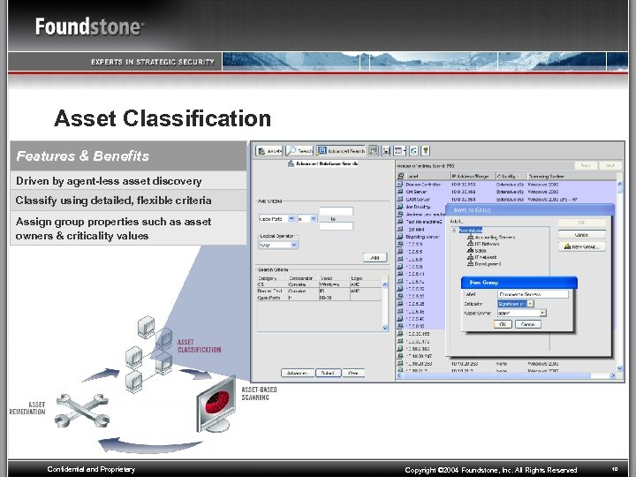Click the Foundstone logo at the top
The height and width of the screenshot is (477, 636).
pyautogui.click(x=89, y=26)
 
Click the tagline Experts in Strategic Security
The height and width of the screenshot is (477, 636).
pyautogui.click(x=152, y=62)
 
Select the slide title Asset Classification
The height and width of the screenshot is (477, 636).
pyautogui.click(x=163, y=118)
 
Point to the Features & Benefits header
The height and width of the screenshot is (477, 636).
pyautogui.click(x=83, y=156)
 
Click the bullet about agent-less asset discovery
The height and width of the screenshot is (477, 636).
pyautogui.click(x=109, y=181)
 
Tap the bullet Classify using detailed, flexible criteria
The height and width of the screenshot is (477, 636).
pyautogui.click(x=113, y=201)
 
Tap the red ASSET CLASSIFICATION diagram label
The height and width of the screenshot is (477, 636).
pyautogui.click(x=200, y=345)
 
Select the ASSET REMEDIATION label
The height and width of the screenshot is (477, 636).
pyautogui.click(x=27, y=408)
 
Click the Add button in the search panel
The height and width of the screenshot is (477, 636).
pyautogui.click(x=374, y=257)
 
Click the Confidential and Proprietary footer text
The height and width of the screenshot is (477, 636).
pyautogui.click(x=91, y=470)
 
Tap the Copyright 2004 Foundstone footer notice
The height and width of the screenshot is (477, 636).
pyautogui.click(x=491, y=470)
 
